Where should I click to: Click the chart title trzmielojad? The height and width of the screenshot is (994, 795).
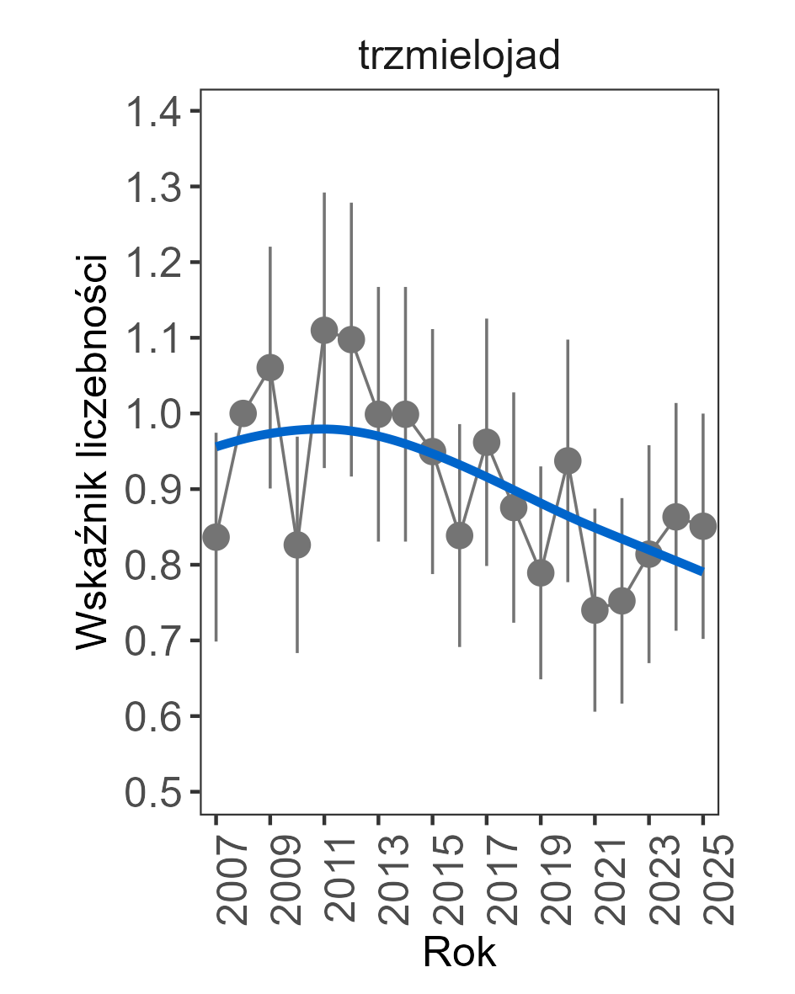click(x=459, y=57)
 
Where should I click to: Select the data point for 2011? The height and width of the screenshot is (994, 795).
click(x=324, y=330)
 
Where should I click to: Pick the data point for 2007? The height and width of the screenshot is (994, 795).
click(x=216, y=537)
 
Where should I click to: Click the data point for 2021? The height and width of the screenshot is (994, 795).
click(x=595, y=610)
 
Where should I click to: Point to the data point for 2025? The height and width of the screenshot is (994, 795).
click(x=703, y=526)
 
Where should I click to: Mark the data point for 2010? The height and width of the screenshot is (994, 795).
click(x=297, y=545)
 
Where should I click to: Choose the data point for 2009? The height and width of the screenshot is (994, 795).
click(x=270, y=368)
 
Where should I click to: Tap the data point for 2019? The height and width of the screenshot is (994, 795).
click(x=541, y=573)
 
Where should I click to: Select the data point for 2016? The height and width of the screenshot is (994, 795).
click(x=460, y=535)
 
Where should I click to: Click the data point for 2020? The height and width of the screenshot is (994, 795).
click(x=568, y=460)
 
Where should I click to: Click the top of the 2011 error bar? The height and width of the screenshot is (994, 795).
click(x=324, y=194)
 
